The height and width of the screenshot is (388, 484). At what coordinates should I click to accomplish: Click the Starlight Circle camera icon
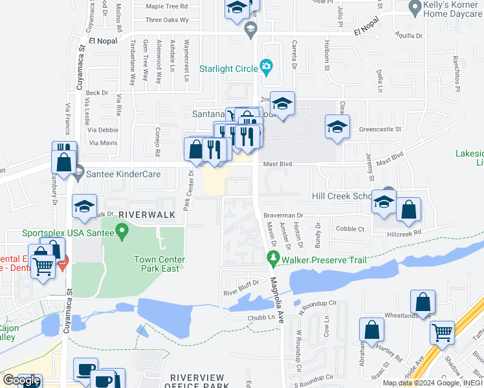[265, 66]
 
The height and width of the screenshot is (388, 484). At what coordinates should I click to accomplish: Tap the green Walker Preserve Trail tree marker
[273, 259]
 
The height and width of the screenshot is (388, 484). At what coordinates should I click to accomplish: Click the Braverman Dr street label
[283, 215]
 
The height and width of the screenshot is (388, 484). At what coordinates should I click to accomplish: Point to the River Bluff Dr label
[241, 283]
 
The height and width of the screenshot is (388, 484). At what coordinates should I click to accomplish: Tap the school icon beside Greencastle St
[337, 127]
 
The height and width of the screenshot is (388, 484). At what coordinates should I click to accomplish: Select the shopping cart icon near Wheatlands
[443, 332]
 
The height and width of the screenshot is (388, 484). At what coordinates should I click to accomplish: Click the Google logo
[21, 380]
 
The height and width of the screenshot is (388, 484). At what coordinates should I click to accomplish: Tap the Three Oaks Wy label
[167, 20]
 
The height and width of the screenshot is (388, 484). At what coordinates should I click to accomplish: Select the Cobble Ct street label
[351, 229]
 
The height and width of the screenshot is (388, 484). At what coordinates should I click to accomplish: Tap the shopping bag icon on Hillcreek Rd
[408, 210]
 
